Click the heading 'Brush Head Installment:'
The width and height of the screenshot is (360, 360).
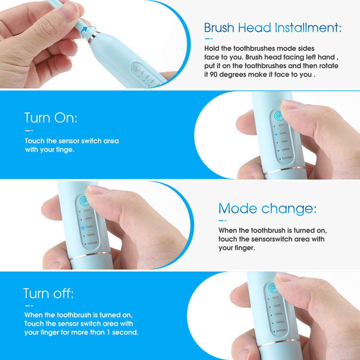[x=273, y=27]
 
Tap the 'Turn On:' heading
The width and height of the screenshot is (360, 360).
[x=51, y=118]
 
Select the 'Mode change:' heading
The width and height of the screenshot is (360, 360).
[x=267, y=208]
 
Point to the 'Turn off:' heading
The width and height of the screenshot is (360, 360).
[x=48, y=293]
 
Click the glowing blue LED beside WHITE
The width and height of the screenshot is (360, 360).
[x=276, y=134]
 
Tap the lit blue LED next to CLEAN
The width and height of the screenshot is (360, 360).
[x=82, y=227]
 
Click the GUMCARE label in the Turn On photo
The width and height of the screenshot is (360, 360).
[x=287, y=158]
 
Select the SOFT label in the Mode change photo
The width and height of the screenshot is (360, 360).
[x=87, y=210]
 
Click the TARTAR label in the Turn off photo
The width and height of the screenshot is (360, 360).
[x=280, y=322]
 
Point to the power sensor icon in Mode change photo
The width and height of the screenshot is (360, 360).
[x=84, y=201]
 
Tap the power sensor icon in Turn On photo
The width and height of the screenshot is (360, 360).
[x=278, y=115]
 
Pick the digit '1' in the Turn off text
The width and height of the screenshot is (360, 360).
[x=108, y=332]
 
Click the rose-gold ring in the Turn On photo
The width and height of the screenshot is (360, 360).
[x=284, y=170]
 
